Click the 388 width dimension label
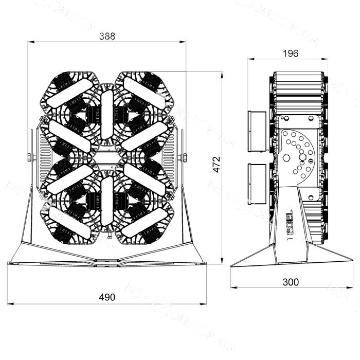[107, 36]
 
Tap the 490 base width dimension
[107, 297]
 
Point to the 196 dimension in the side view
[291, 53]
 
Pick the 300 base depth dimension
[291, 282]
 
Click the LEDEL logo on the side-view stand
[289, 221]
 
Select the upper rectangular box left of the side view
[256, 131]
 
